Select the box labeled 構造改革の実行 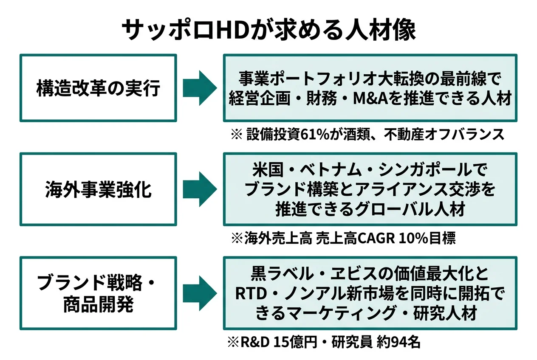pyautogui.click(x=98, y=88)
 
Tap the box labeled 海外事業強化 pyautogui.click(x=98, y=189)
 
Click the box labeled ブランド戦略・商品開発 pyautogui.click(x=98, y=293)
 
